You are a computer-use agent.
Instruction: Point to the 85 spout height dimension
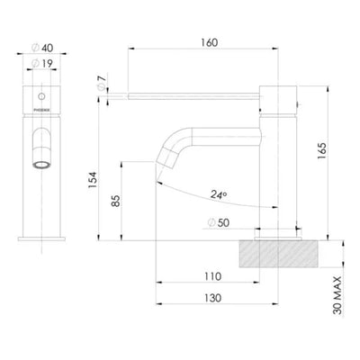coord(114,201)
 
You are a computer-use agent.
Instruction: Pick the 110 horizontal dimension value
coord(213,275)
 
